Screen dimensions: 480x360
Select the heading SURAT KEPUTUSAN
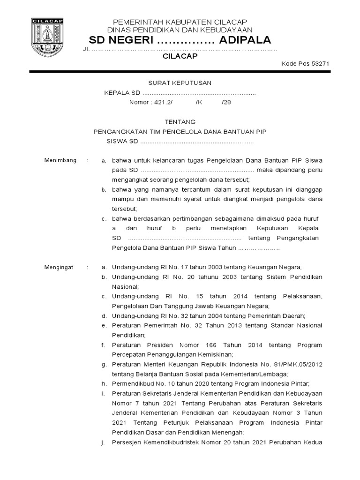[x=180, y=83]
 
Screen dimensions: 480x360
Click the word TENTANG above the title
[x=180, y=121]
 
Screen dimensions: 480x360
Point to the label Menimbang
[x=60, y=160]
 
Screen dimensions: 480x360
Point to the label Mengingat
[x=59, y=267]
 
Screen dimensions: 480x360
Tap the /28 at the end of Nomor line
[x=226, y=102]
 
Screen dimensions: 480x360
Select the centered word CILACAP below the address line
[x=180, y=56]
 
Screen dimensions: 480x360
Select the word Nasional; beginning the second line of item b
[x=125, y=286]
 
